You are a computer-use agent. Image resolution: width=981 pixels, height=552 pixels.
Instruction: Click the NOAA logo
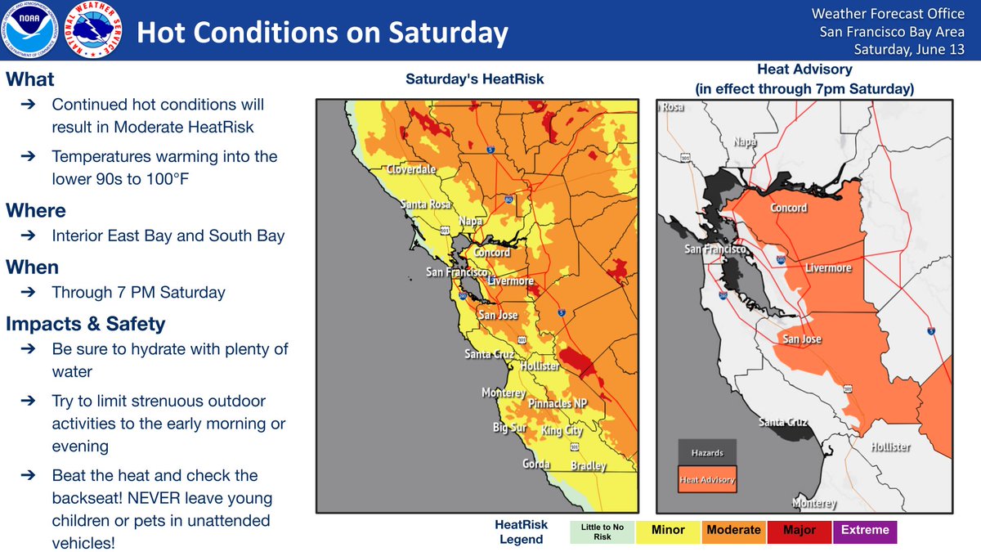[29, 29]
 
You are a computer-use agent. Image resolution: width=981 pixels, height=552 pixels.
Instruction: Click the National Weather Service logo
[93, 29]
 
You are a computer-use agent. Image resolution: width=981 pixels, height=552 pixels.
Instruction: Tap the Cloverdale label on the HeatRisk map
[411, 169]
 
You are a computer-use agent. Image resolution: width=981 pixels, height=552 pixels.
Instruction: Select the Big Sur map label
[510, 427]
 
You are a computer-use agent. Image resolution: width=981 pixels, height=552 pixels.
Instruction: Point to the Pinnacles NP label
[558, 403]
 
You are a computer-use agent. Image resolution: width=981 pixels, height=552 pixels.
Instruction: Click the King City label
[562, 430]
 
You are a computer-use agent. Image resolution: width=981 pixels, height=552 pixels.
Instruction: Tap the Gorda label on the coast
[536, 464]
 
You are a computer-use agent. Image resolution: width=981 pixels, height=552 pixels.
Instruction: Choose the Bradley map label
[589, 465]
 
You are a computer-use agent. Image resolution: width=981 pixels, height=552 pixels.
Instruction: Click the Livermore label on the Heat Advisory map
[828, 267]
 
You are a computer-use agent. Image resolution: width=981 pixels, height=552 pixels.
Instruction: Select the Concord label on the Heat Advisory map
[788, 208]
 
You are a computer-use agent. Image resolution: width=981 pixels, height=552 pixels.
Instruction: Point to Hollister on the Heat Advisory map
[890, 447]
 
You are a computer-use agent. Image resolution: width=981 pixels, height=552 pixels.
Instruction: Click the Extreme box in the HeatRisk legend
[865, 532]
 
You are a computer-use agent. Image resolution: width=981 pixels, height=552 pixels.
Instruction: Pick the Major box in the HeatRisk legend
[800, 532]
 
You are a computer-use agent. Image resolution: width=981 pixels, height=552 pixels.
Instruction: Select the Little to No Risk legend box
[602, 532]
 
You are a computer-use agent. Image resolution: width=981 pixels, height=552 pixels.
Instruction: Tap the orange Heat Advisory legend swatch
[707, 479]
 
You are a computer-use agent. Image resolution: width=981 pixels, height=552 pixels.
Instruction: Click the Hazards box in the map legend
[707, 452]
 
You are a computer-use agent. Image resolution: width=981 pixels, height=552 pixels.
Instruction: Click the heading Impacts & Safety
[85, 324]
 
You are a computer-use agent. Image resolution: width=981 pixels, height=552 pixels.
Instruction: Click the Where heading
[36, 211]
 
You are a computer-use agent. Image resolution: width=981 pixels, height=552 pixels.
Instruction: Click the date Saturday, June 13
[909, 50]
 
